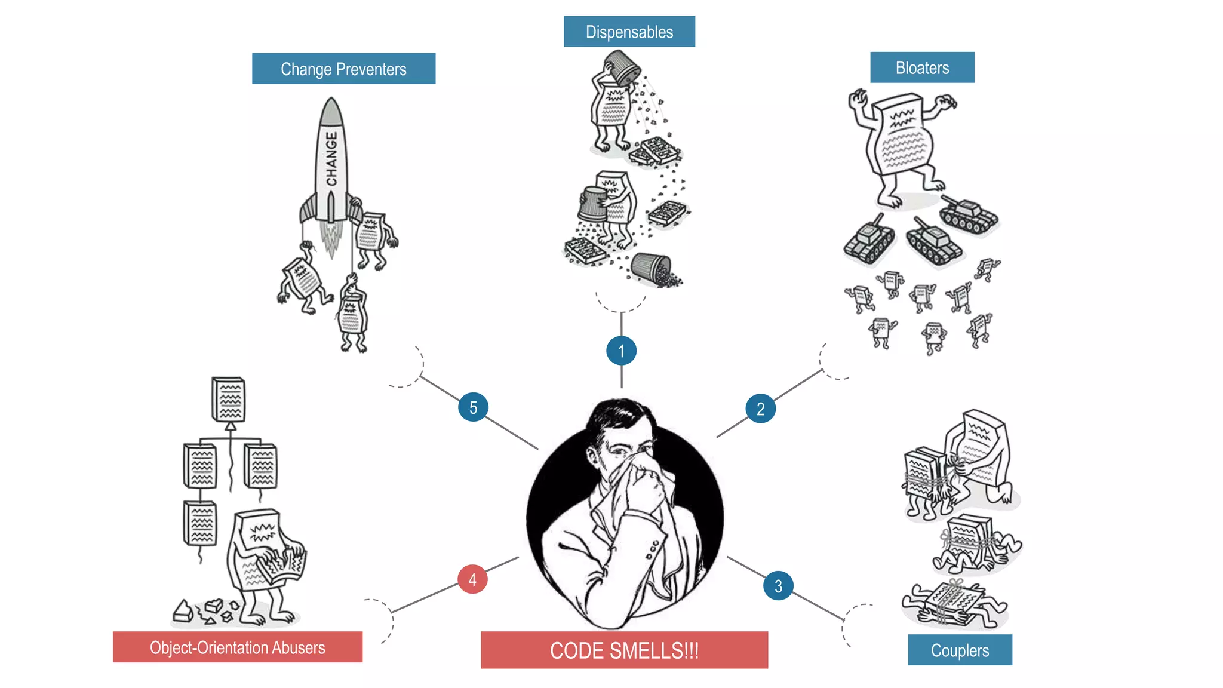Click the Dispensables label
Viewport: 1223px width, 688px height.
click(x=629, y=32)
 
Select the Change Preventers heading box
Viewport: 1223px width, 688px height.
click(x=343, y=69)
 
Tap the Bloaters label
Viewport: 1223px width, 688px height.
click(x=921, y=67)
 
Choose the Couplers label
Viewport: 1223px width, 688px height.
click(x=960, y=650)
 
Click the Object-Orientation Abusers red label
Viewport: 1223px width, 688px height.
click(x=237, y=647)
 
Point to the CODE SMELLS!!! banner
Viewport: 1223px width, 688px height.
click(x=624, y=650)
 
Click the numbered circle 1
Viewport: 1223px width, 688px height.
click(x=621, y=351)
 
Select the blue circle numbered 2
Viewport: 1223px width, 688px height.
click(x=760, y=408)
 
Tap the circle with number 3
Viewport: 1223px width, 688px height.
click(x=778, y=586)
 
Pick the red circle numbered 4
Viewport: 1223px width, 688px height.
click(x=472, y=579)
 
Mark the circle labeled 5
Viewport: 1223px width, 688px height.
click(x=473, y=407)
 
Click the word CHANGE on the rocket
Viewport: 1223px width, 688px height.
click(x=331, y=159)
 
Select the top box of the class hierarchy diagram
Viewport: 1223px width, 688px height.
click(x=229, y=399)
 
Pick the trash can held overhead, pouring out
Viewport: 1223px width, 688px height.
click(x=622, y=67)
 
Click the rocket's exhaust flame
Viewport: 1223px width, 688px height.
click(x=331, y=239)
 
